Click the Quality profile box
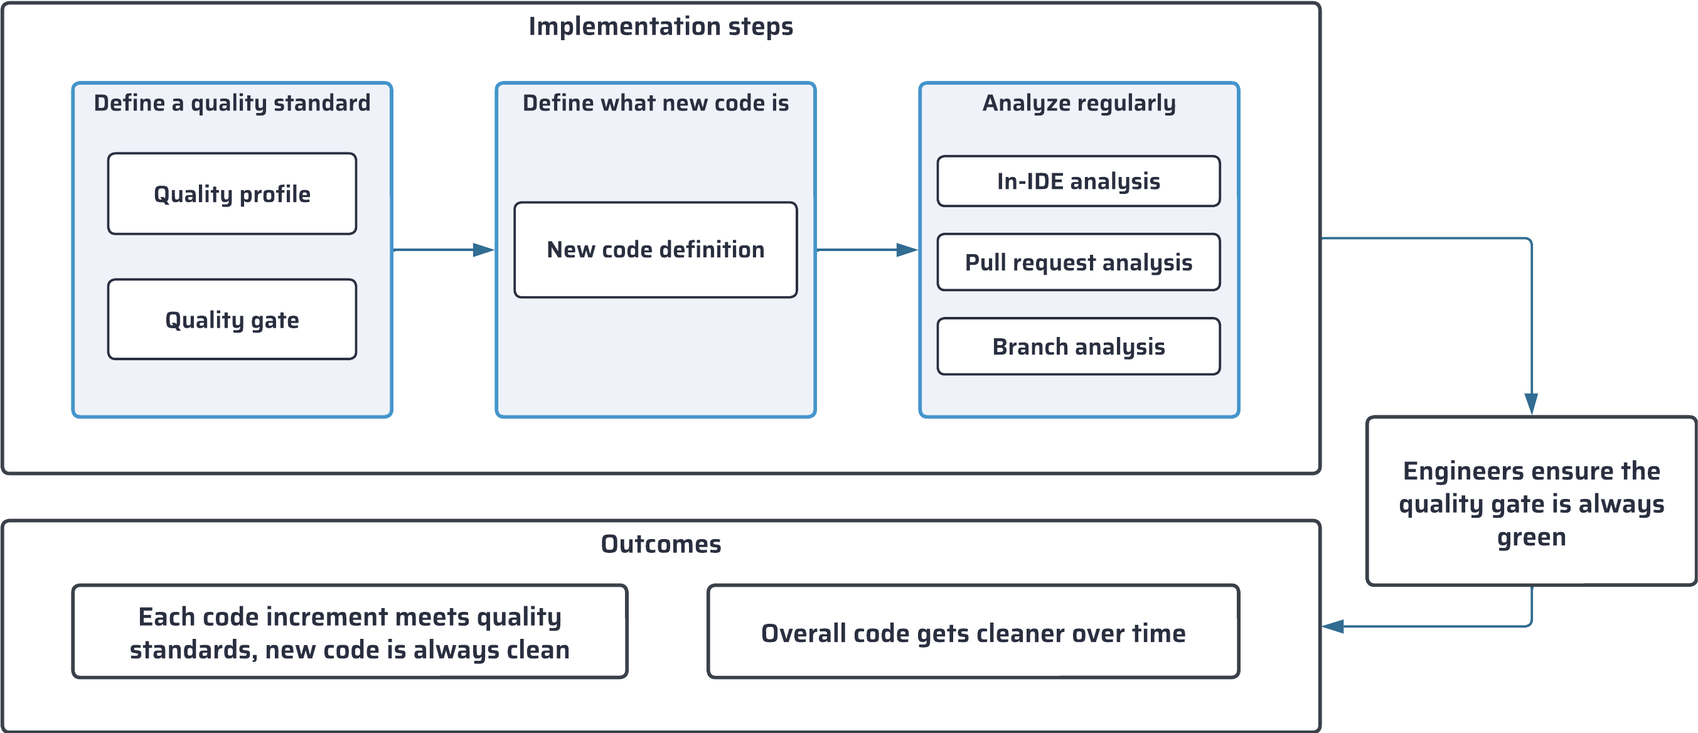point(232,194)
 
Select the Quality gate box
point(232,319)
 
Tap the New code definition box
point(655,250)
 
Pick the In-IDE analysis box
point(1079,181)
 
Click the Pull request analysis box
point(1079,262)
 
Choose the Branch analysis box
point(1079,346)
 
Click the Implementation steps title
point(661,26)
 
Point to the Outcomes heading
point(661,544)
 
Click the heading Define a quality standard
point(232,103)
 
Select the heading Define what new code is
point(655,103)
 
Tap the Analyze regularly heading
point(1079,103)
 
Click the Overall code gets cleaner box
point(973,633)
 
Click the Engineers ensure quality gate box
point(1531,501)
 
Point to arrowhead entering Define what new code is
point(484,250)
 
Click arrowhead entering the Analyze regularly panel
point(907,250)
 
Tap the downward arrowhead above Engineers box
point(1531,404)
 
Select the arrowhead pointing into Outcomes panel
point(1333,626)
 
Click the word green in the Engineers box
point(1531,537)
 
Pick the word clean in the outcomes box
point(538,650)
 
